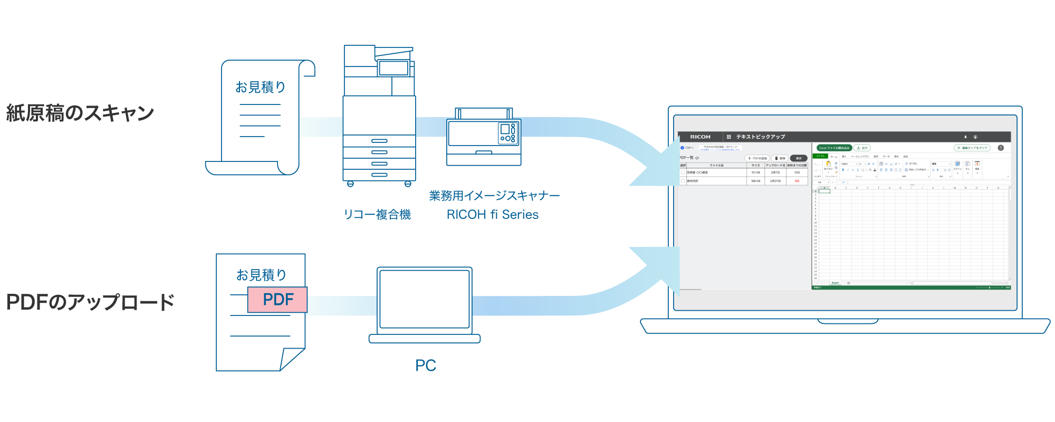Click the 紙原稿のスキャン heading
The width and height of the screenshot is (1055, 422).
(x=80, y=113)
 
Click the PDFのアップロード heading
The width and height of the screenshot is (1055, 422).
(x=90, y=302)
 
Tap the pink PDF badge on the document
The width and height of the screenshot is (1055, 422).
(x=277, y=300)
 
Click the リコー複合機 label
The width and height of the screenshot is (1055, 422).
(x=377, y=215)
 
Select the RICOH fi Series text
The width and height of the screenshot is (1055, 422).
(x=492, y=215)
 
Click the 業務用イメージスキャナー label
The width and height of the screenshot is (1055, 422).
(x=494, y=196)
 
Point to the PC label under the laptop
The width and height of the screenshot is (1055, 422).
(x=425, y=366)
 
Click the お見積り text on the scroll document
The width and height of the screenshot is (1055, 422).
(x=260, y=87)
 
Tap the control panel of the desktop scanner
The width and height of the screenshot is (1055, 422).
(x=507, y=132)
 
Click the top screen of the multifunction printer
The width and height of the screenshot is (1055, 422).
(x=393, y=69)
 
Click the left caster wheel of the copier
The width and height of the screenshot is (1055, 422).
(x=350, y=184)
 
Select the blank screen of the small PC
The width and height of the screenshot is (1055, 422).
(x=424, y=299)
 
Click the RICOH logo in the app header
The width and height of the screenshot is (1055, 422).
(x=700, y=137)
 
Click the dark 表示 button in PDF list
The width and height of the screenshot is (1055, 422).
(x=799, y=158)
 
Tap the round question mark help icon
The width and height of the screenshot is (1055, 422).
(x=1001, y=148)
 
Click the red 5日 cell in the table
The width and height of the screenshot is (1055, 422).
(x=797, y=181)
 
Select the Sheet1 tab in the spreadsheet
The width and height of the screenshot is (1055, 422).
(x=835, y=283)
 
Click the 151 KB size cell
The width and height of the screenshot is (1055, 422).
(x=755, y=172)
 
